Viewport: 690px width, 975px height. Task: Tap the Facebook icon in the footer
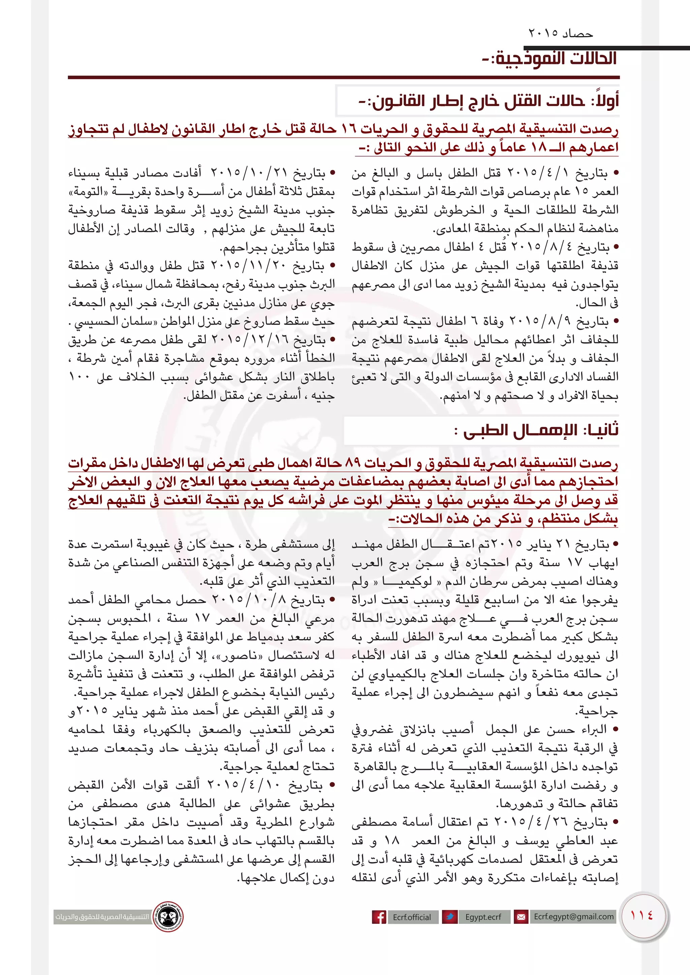[379, 917]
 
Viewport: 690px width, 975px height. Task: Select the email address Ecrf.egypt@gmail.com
[573, 916]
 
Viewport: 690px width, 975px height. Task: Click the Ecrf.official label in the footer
[412, 917]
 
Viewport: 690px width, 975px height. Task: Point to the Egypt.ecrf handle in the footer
[483, 917]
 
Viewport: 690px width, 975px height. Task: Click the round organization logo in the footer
[168, 916]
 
